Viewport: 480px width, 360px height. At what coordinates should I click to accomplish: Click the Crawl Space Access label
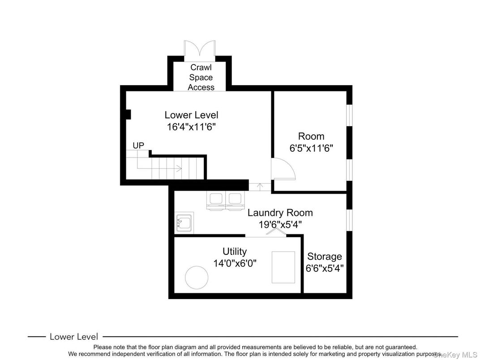pos(201,77)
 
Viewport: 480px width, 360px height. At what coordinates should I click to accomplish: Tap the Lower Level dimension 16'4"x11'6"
pos(191,127)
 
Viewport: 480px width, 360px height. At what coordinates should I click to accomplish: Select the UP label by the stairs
pos(138,146)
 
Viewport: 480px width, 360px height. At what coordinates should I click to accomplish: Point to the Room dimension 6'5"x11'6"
pos(311,148)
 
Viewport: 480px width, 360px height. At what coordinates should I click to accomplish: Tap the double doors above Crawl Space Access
pos(200,48)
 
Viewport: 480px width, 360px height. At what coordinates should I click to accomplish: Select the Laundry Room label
pos(280,213)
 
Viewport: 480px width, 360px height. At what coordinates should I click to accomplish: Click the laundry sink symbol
pos(184,222)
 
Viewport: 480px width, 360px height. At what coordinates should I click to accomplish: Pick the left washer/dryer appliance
pos(216,201)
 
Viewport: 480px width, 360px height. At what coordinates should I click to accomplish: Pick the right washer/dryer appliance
pos(235,201)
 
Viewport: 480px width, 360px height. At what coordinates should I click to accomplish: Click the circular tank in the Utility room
pos(197,277)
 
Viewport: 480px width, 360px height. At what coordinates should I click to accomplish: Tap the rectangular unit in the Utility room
pos(283,267)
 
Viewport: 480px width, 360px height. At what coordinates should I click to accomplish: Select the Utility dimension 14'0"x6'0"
pos(235,263)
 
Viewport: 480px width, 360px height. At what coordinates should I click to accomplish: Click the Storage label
pos(325,256)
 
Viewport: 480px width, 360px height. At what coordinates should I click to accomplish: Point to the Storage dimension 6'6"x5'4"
pos(325,268)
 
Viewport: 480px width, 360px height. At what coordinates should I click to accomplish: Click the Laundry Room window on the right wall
pos(349,220)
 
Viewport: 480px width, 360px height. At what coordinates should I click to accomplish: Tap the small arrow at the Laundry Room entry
pos(260,186)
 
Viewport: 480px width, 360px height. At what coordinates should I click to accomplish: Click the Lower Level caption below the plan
pos(74,337)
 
